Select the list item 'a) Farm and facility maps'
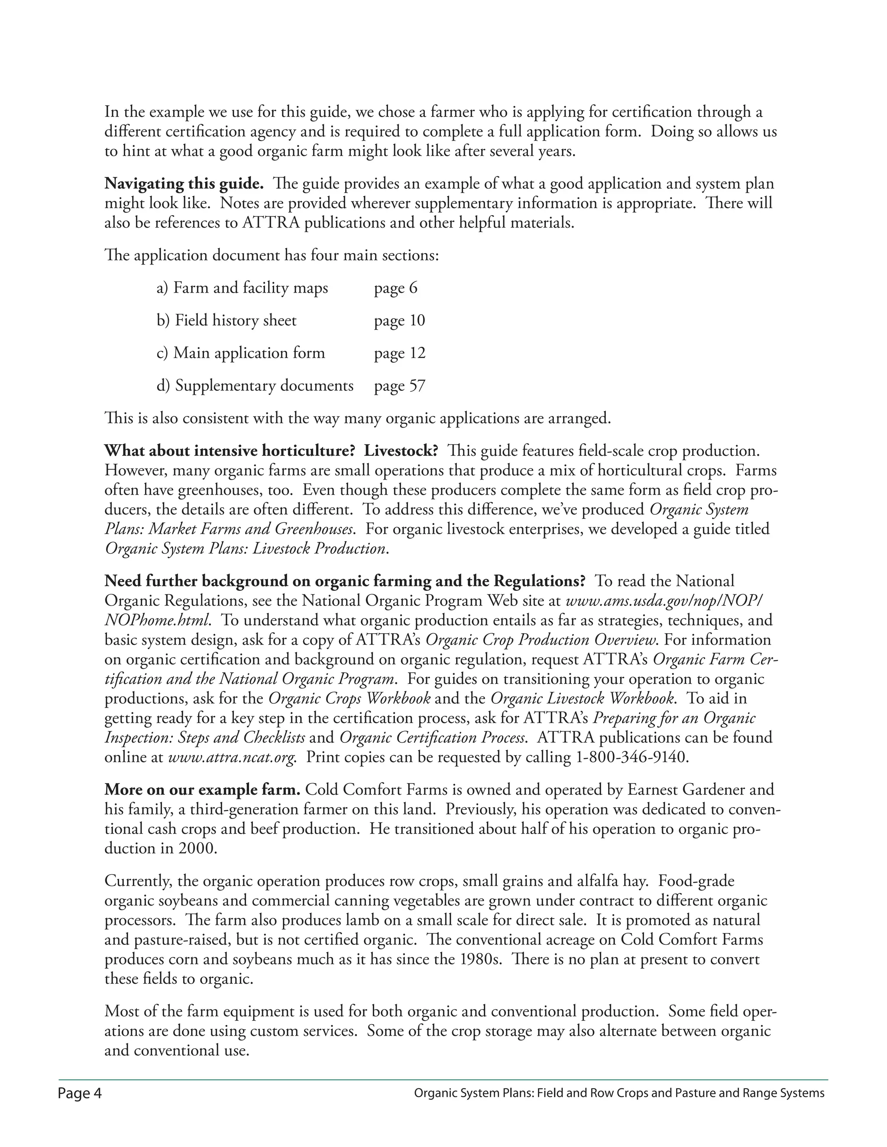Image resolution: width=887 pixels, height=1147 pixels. pyautogui.click(x=242, y=288)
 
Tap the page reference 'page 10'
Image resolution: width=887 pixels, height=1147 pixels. pyautogui.click(x=399, y=320)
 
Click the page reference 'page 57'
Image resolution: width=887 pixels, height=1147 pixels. pyautogui.click(x=399, y=386)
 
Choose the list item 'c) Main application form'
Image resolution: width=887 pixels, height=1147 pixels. pyautogui.click(x=241, y=353)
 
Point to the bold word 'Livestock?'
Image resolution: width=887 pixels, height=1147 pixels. pyautogui.click(x=401, y=451)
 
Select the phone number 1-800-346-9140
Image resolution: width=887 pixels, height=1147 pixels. pyautogui.click(x=629, y=757)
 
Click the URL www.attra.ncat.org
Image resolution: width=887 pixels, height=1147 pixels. pyautogui.click(x=232, y=757)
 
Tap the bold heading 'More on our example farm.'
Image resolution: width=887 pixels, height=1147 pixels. pyautogui.click(x=202, y=790)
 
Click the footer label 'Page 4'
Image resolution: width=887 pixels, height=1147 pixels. pyautogui.click(x=80, y=1094)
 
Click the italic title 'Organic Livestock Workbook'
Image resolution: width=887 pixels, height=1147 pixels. pyautogui.click(x=582, y=699)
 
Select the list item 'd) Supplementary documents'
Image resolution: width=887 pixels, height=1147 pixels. pyautogui.click(x=255, y=386)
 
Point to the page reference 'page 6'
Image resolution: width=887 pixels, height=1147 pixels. pyautogui.click(x=395, y=288)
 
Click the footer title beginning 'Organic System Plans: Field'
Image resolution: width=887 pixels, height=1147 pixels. pyautogui.click(x=619, y=1094)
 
